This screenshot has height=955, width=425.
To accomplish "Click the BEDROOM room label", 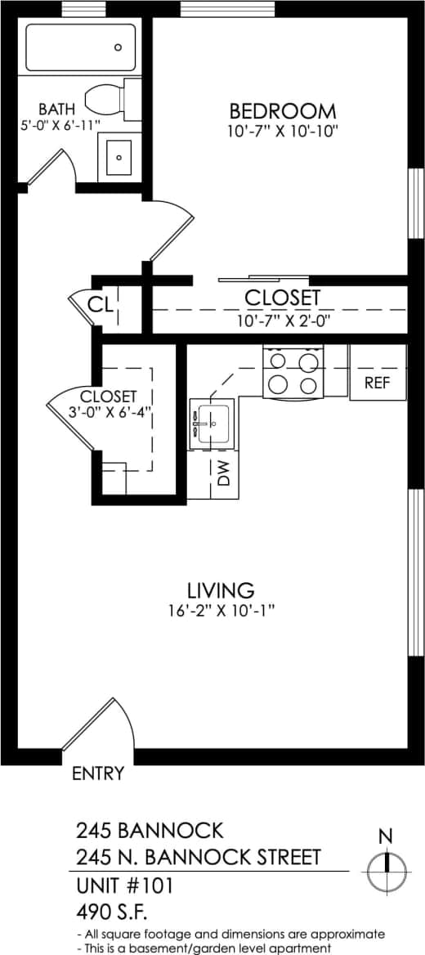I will point(282,110).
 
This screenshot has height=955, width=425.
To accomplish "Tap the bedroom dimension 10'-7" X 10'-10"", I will point(282,131).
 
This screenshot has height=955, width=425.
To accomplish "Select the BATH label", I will point(56,109).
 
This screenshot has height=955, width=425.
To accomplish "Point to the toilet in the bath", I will point(110,98).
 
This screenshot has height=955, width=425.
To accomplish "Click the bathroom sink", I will point(119,156).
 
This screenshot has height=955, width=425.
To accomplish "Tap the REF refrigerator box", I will point(378,382).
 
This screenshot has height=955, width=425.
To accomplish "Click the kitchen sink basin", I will point(212,423).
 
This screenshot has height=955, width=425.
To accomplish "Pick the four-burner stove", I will point(293,373).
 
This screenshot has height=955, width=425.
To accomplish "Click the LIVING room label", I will point(221,590).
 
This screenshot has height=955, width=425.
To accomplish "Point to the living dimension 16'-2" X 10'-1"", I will point(221,610).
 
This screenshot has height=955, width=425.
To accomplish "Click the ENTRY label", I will point(98,773).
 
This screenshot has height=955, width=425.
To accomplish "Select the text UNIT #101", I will point(124,885).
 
